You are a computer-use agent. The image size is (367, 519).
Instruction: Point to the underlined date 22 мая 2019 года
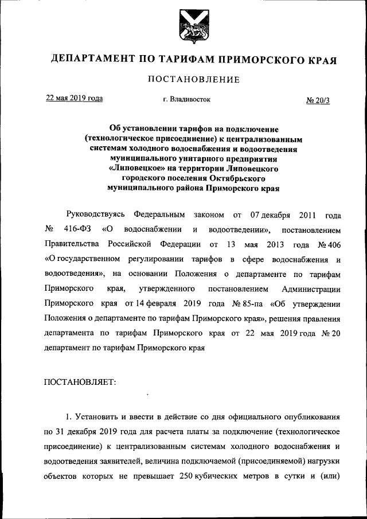pos(75,98)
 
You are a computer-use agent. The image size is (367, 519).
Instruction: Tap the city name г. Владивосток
pos(186,99)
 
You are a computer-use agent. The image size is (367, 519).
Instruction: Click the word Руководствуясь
pos(95,216)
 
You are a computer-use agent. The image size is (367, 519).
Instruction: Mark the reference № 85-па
pos(243,303)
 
